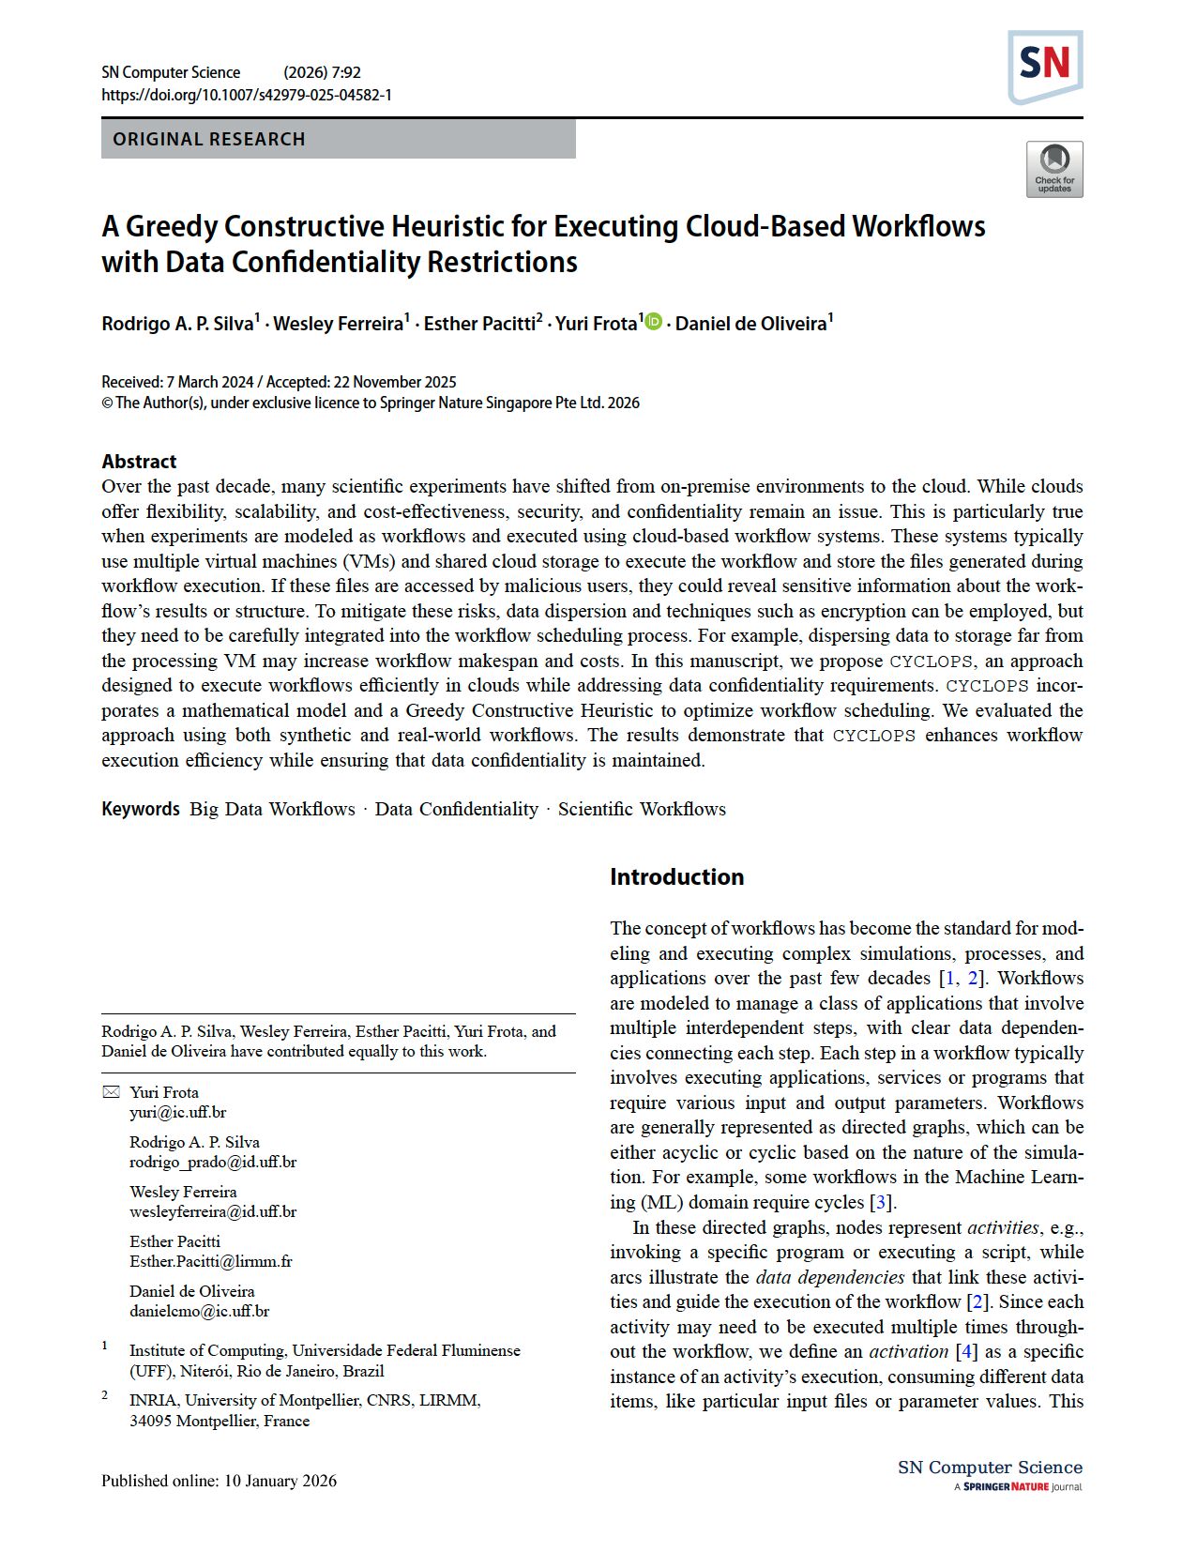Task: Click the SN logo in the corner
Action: pos(1045,66)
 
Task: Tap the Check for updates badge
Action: pos(1054,170)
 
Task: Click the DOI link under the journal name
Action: pos(247,95)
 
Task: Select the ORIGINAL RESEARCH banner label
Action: pos(209,139)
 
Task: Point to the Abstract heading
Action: pos(139,461)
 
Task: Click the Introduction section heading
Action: pos(676,876)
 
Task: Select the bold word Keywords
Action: pos(141,809)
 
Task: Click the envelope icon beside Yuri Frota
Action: pos(111,1092)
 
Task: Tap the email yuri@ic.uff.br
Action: pos(178,1113)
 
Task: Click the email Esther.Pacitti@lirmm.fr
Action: pos(211,1262)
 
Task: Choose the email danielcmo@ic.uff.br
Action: pos(200,1312)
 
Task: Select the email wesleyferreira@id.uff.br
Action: pos(213,1212)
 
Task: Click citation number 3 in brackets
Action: pos(880,1202)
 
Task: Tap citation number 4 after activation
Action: pos(965,1351)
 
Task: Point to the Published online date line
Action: pos(219,1481)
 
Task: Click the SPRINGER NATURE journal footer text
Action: pos(1018,1487)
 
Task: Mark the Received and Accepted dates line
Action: pos(279,382)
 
